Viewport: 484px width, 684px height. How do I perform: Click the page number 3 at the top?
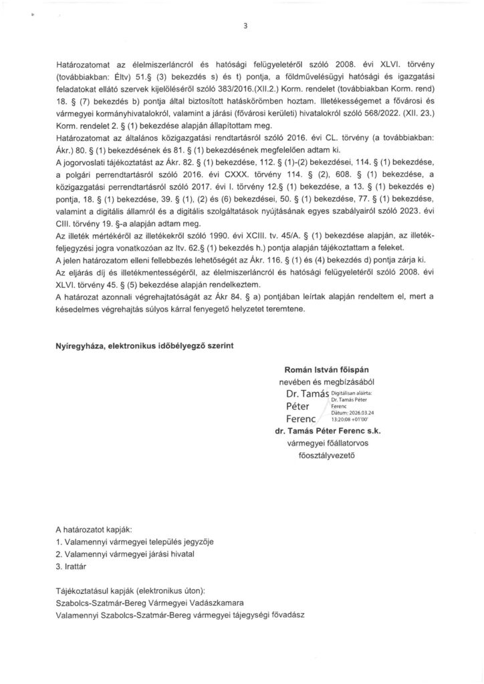(245, 27)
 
